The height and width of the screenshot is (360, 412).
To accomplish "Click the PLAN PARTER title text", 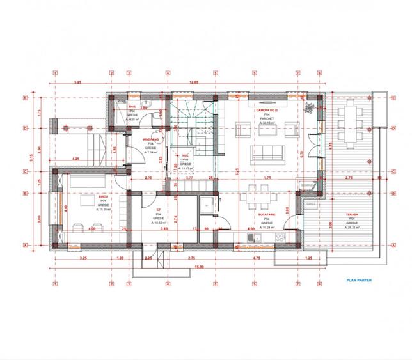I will click(x=358, y=279).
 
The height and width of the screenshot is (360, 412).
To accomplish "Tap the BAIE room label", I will click(x=132, y=106).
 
